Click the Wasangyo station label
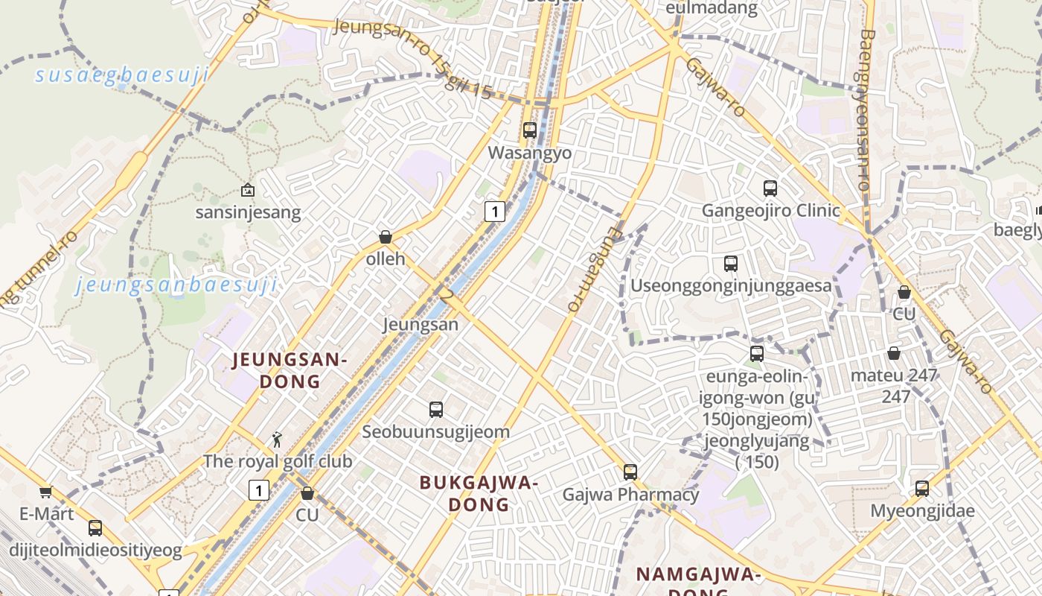tap(529, 153)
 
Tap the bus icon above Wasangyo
tap(530, 130)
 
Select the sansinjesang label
tap(248, 212)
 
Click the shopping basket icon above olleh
tap(386, 238)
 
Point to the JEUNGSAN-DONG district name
tap(290, 371)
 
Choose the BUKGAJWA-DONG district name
tap(479, 493)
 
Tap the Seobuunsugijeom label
tap(435, 431)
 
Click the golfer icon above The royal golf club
tap(277, 440)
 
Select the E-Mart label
tap(46, 514)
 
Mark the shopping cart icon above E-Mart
tap(45, 492)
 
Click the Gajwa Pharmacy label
tap(630, 494)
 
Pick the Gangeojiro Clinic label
tap(770, 211)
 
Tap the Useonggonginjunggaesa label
tap(731, 285)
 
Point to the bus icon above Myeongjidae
tap(922, 489)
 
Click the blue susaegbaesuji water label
tap(121, 75)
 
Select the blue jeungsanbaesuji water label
tap(176, 285)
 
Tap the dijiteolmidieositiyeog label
tap(95, 551)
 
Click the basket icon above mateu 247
tap(894, 353)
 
